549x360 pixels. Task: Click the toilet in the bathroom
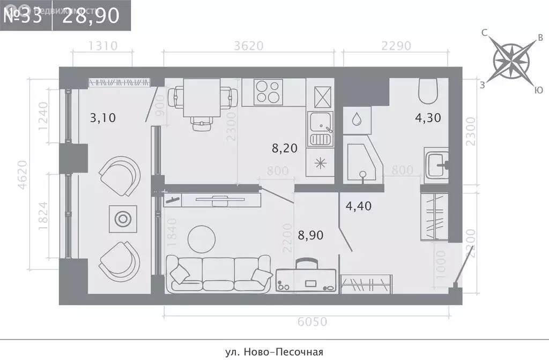(428, 91)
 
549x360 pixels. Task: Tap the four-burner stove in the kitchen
(269, 92)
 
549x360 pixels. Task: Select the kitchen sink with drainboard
(320, 129)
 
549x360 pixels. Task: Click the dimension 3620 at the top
(249, 46)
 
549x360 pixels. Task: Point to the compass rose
(511, 59)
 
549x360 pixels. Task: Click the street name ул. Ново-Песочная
(274, 352)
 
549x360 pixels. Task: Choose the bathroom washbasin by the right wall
(436, 163)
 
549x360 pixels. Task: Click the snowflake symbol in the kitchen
(320, 163)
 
